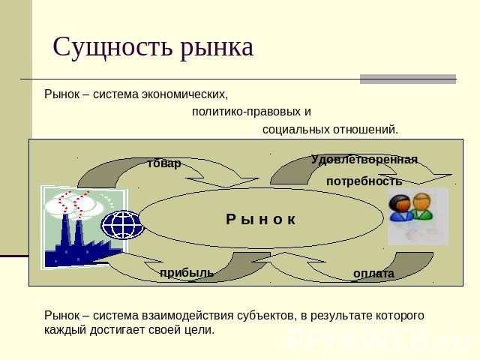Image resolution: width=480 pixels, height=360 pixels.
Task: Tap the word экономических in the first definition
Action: [184, 94]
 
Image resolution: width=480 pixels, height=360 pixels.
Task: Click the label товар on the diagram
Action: [164, 163]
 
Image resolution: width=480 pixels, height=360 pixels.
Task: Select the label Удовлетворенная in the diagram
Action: [364, 160]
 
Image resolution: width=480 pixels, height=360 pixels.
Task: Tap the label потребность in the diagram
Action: [364, 181]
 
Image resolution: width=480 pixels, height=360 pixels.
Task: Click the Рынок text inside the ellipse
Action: [261, 220]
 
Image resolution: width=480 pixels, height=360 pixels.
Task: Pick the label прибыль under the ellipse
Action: [187, 273]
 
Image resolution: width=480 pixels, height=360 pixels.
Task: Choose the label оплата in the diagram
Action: [373, 273]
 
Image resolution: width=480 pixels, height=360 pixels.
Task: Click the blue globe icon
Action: [123, 224]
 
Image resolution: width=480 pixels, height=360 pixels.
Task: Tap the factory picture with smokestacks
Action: [83, 228]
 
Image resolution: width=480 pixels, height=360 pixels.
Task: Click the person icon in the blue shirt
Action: [400, 208]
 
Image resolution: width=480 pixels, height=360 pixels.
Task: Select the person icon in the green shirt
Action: [422, 207]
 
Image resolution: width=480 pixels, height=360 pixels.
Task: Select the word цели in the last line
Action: [199, 330]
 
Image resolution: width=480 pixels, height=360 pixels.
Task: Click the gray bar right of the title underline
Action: [408, 79]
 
